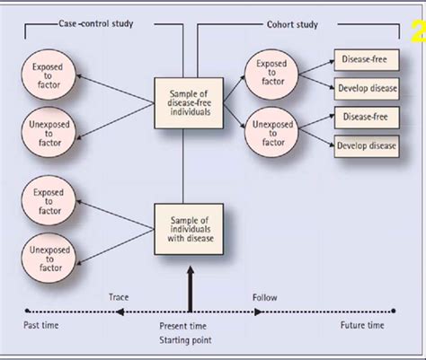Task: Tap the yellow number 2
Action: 417,33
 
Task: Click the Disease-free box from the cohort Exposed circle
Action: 365,60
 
